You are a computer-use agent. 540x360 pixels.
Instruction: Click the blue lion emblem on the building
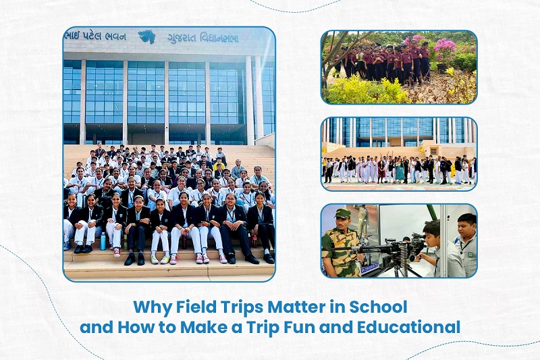click(146, 36)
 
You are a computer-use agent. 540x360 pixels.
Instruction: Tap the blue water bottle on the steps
click(103, 241)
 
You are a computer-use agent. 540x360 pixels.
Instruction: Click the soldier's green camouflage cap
click(342, 213)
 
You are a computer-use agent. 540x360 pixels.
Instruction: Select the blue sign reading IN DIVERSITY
click(370, 267)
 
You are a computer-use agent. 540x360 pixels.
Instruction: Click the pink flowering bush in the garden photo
click(445, 49)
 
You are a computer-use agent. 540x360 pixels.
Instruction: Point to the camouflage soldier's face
click(342, 224)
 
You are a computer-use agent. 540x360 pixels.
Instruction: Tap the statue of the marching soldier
click(362, 220)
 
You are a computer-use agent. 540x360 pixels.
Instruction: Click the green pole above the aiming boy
click(432, 212)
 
